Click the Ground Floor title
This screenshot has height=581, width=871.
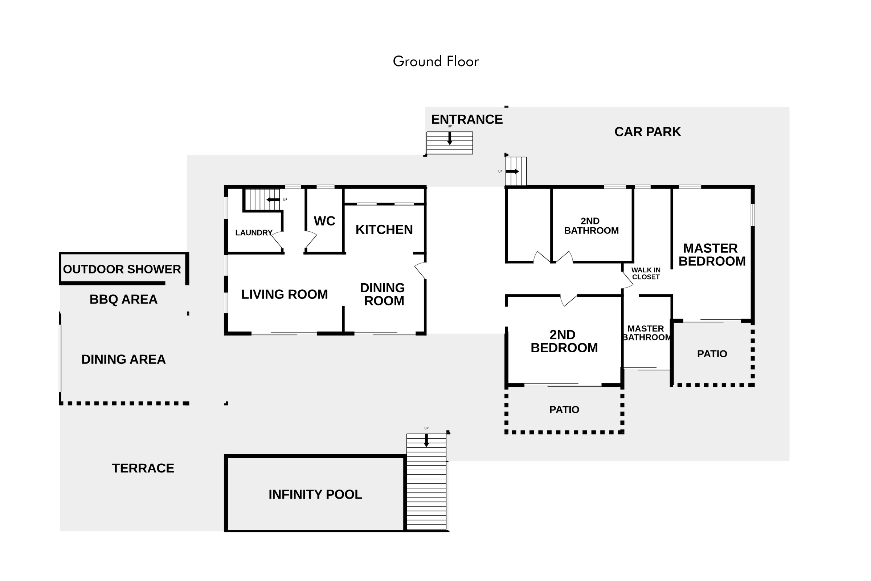435,61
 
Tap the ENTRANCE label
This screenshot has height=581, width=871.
467,119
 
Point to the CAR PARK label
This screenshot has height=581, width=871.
647,131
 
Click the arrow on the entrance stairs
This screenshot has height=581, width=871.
450,138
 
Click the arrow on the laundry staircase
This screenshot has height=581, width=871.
273,200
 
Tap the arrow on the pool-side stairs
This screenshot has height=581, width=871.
426,440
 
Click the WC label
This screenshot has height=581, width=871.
324,221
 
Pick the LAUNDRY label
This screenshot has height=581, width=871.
254,233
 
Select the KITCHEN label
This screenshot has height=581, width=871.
384,230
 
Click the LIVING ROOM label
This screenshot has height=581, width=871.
285,294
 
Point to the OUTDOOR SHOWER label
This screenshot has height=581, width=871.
122,269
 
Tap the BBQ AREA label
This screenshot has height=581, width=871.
123,299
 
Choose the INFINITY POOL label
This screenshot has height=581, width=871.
315,494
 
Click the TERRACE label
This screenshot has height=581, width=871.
143,468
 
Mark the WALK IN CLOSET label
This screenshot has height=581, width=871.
646,273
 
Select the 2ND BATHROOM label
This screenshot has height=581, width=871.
591,226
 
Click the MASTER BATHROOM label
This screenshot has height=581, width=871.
646,333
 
